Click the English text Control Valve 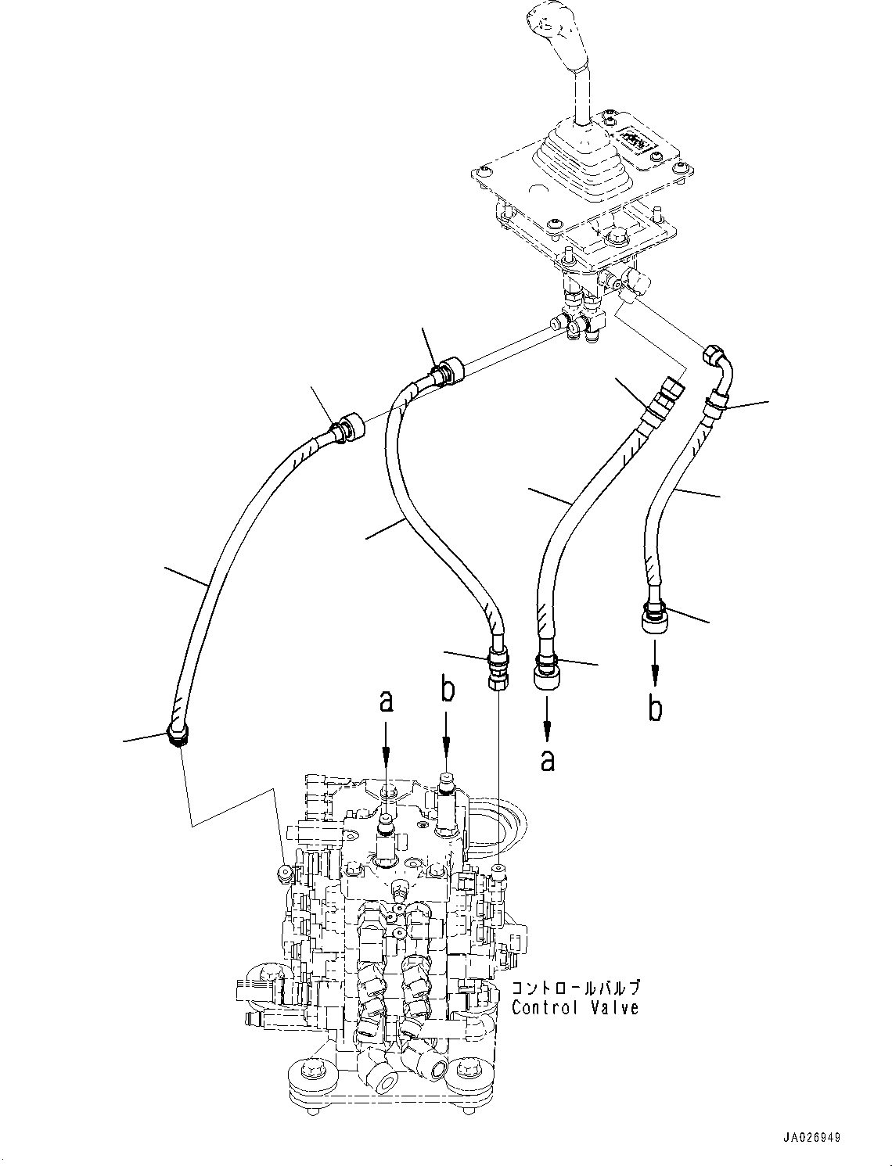click(575, 1008)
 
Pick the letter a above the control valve click(386, 701)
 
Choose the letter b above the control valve click(447, 692)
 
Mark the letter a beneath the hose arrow click(548, 759)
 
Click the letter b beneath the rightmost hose click(656, 707)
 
